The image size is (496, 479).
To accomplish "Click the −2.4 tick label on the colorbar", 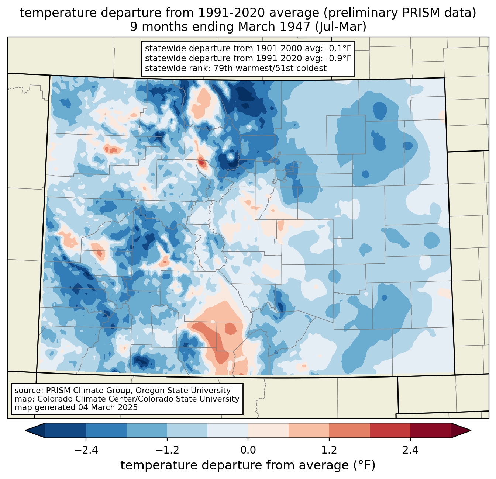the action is click(x=86, y=450).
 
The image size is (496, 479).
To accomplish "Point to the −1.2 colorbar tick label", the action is click(x=167, y=450).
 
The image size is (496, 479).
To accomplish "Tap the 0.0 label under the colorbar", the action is click(x=248, y=450).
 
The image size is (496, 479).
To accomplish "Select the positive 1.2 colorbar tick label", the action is click(x=329, y=450).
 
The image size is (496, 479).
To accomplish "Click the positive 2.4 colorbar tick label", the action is click(x=410, y=450).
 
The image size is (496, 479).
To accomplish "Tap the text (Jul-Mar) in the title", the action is click(x=341, y=27).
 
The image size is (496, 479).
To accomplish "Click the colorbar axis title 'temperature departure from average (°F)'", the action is click(x=248, y=465).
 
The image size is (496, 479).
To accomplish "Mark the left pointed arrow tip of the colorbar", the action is click(x=25, y=431).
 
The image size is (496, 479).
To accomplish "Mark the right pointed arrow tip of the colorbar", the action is click(x=471, y=431).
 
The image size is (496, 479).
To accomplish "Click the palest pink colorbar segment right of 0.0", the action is click(x=268, y=431).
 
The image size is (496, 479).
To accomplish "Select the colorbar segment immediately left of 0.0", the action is click(x=228, y=431).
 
